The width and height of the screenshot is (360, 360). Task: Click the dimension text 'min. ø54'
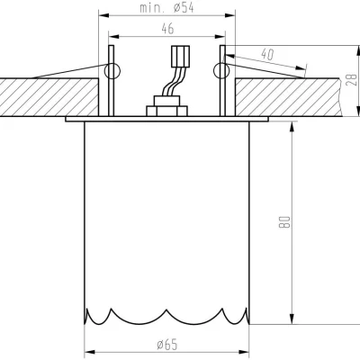coord(166,9)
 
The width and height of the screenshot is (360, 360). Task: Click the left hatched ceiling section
coord(45,94)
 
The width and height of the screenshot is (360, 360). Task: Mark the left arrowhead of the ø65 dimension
coord(88,350)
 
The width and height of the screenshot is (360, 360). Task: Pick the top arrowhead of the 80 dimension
coord(292,124)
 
